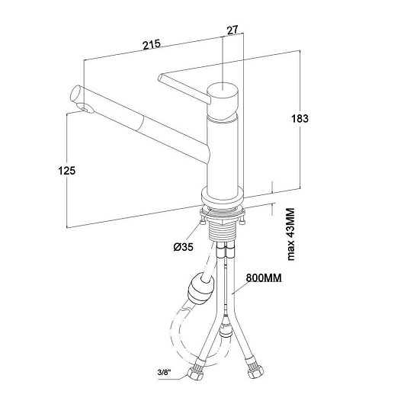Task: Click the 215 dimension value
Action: point(152,44)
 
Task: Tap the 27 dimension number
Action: point(232,30)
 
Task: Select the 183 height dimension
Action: point(300,118)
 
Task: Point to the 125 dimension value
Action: point(67,171)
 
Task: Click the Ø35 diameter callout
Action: point(183,247)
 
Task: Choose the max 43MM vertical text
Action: point(290,234)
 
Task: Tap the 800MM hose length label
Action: point(264,278)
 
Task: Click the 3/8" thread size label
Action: point(165,373)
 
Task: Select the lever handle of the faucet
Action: point(184,88)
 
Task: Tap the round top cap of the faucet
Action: point(223,88)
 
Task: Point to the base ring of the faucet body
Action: point(223,197)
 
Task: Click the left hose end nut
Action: point(195,374)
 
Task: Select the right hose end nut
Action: point(255,372)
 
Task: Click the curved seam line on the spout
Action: point(142,125)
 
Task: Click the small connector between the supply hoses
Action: point(226,327)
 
